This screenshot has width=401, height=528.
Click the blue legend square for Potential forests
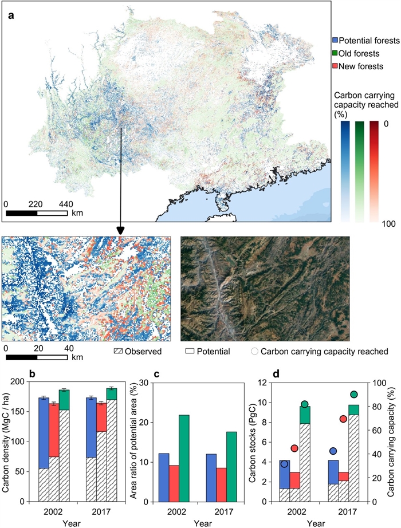coord(335,41)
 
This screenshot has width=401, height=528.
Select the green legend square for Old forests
coord(335,54)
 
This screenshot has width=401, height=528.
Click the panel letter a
coord(11,14)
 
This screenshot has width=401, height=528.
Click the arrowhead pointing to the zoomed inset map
coord(120,230)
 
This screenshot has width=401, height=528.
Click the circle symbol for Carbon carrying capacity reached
coord(256,350)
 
